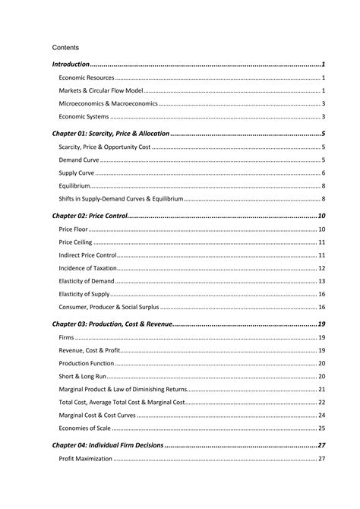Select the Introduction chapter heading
(71, 65)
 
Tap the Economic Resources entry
(86, 78)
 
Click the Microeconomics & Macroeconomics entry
(108, 104)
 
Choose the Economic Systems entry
(84, 117)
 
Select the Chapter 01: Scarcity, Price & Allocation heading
(111, 134)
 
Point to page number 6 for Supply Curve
(323, 173)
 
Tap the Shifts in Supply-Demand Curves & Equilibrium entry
(121, 199)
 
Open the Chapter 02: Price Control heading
(89, 217)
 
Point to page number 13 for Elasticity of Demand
(322, 281)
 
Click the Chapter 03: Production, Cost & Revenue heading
(112, 324)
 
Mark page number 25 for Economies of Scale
(322, 428)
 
